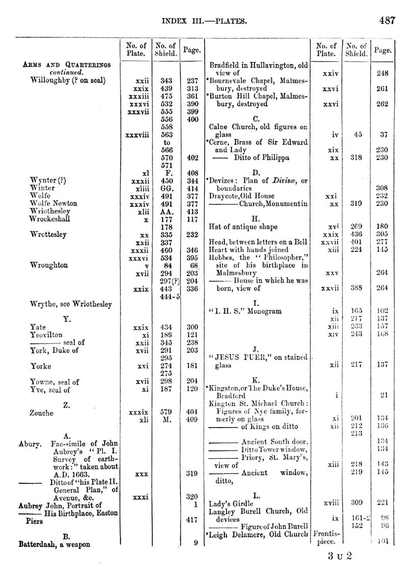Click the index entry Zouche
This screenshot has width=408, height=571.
(x=42, y=413)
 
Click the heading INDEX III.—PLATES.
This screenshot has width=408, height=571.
(x=205, y=21)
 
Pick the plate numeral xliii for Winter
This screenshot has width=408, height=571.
(x=137, y=188)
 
